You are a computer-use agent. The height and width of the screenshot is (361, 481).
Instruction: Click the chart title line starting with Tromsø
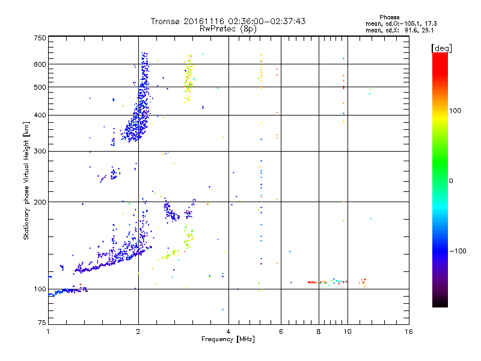228,21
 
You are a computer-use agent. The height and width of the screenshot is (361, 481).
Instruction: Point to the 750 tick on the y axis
40,38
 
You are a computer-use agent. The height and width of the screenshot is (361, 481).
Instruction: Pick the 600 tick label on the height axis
40,64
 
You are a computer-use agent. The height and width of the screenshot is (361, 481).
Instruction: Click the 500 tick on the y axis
40,87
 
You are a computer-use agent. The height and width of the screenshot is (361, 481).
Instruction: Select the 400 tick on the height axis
40,115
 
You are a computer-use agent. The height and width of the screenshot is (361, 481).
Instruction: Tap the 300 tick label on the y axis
40,151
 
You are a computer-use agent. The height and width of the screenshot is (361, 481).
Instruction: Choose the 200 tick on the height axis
40,202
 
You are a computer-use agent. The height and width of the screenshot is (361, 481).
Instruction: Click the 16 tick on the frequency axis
408,332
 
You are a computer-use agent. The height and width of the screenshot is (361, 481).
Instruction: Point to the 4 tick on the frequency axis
228,332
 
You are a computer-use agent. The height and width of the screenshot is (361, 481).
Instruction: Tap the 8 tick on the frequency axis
319,332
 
